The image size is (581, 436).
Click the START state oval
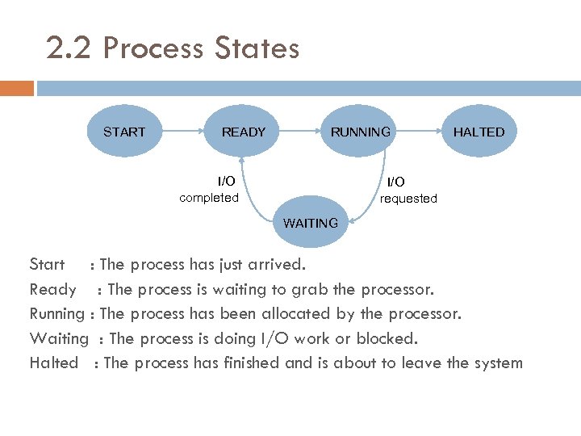(124, 132)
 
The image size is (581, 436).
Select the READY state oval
(243, 132)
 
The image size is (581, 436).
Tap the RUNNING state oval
(360, 132)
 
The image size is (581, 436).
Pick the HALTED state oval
(478, 132)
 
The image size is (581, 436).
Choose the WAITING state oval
(311, 223)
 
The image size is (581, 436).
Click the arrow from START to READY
(184, 132)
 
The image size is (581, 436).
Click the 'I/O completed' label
(209, 190)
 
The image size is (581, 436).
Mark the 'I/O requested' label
(408, 191)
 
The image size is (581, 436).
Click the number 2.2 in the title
(70, 48)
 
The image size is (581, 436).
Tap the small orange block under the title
(17, 88)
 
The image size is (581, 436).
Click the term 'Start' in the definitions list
(47, 264)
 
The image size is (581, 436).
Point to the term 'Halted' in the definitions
(53, 363)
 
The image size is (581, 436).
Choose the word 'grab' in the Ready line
(303, 289)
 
